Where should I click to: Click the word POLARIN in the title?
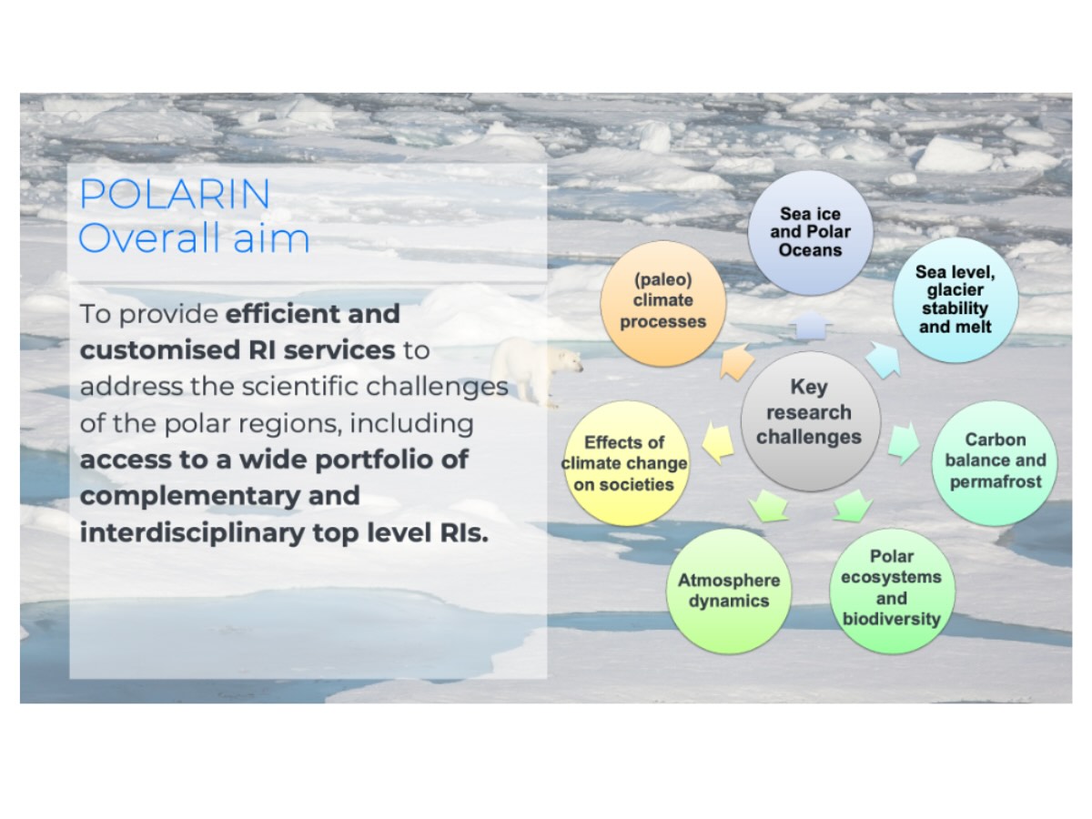(175, 194)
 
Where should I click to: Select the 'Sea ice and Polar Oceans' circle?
(810, 233)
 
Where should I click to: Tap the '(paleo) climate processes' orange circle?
(663, 304)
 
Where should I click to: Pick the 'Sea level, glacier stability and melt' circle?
(955, 300)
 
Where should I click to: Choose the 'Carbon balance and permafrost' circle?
(995, 463)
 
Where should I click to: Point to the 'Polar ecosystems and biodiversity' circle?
(892, 591)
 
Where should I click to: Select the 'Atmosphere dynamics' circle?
(729, 591)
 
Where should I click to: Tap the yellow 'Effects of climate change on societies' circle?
(626, 463)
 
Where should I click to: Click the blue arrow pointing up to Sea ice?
(811, 326)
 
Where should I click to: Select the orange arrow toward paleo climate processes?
(737, 361)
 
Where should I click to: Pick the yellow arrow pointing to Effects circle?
(718, 442)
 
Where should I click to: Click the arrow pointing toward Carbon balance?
(904, 442)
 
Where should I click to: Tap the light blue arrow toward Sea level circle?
(884, 359)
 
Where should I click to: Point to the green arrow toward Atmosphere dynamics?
(769, 506)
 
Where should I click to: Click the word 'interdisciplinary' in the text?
(192, 532)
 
